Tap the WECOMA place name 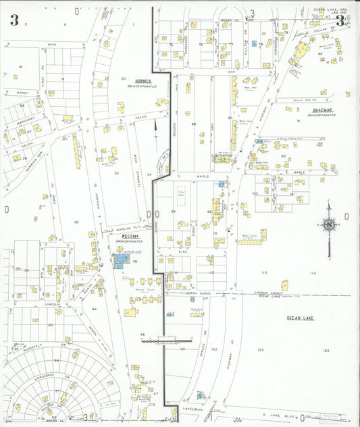click(x=126, y=236)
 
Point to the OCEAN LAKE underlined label click(x=300, y=317)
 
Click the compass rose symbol click(x=330, y=225)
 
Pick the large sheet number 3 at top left click(x=14, y=20)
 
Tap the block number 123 click(x=260, y=349)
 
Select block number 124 click(x=326, y=350)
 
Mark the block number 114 click(x=313, y=273)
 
